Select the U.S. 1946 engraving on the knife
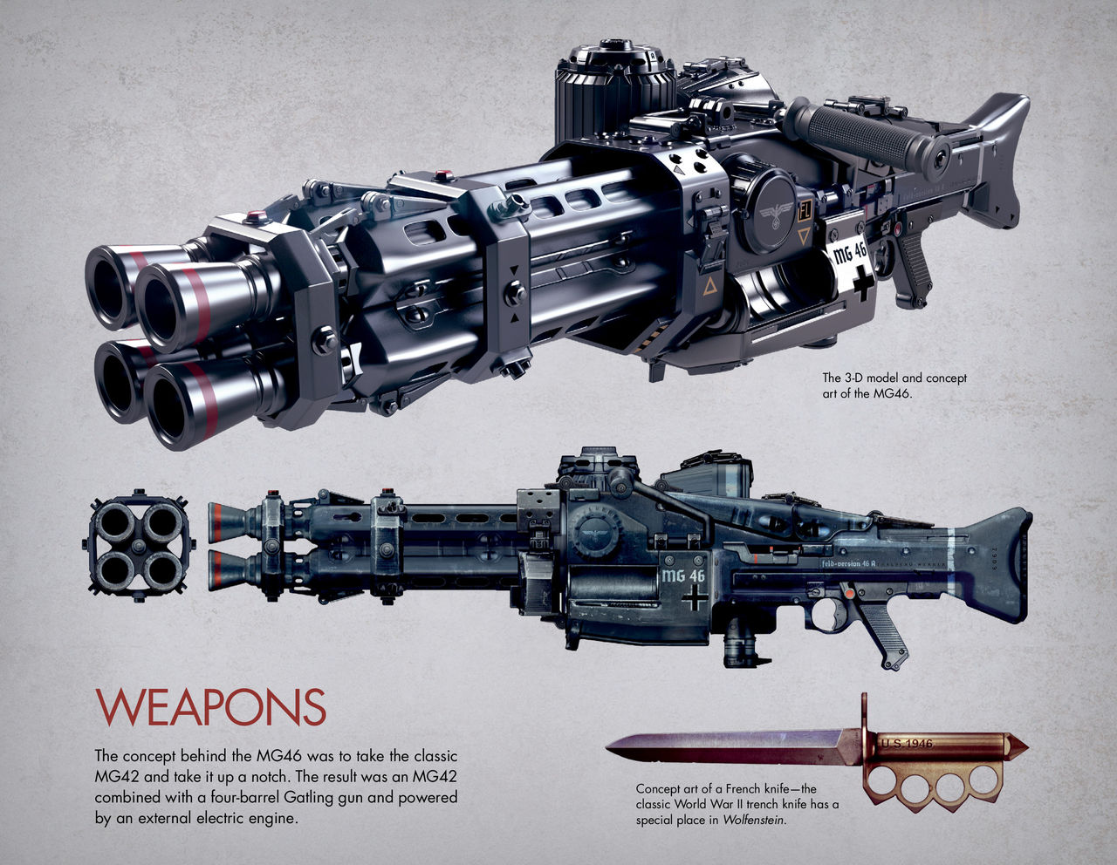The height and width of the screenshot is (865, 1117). click(907, 744)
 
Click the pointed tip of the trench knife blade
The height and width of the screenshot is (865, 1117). click(609, 746)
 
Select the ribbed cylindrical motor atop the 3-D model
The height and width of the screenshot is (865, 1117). click(614, 86)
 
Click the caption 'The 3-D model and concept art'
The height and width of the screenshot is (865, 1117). click(894, 385)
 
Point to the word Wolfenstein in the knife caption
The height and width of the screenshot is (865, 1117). click(755, 819)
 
